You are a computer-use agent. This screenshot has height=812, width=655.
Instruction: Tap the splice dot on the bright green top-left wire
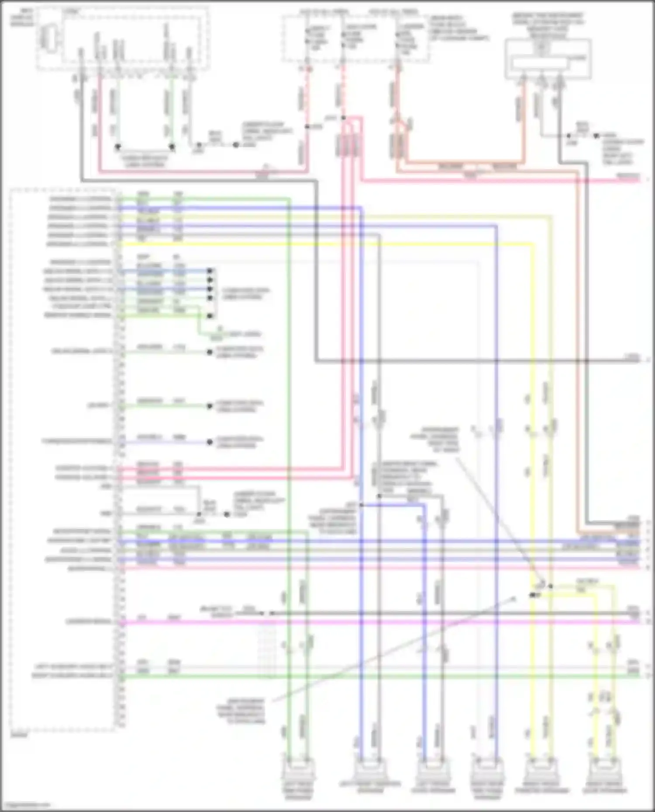(172, 147)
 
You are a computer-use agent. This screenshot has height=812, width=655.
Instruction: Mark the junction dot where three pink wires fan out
(344, 118)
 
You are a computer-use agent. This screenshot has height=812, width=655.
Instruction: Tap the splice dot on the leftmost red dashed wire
(307, 127)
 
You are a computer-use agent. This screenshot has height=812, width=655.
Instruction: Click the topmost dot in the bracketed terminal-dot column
(210, 271)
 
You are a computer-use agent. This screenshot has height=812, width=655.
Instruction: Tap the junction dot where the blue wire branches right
(362, 505)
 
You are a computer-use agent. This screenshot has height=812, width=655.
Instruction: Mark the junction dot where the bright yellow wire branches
(533, 595)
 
